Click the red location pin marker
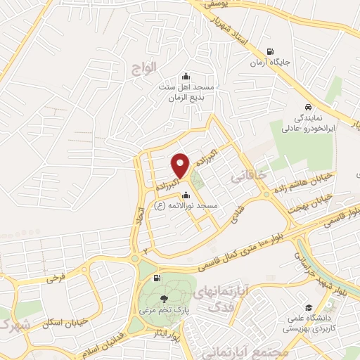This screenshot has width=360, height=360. pos(181,165)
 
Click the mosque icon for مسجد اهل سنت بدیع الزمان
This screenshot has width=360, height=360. pos(185,77)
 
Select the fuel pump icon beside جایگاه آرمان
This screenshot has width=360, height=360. pos(270,51)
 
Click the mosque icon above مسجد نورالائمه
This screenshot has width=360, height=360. pos(185,195)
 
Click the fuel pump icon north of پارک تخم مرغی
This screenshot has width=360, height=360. pos(156,277)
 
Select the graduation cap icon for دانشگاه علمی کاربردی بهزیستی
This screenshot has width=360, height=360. pos(309,307)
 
